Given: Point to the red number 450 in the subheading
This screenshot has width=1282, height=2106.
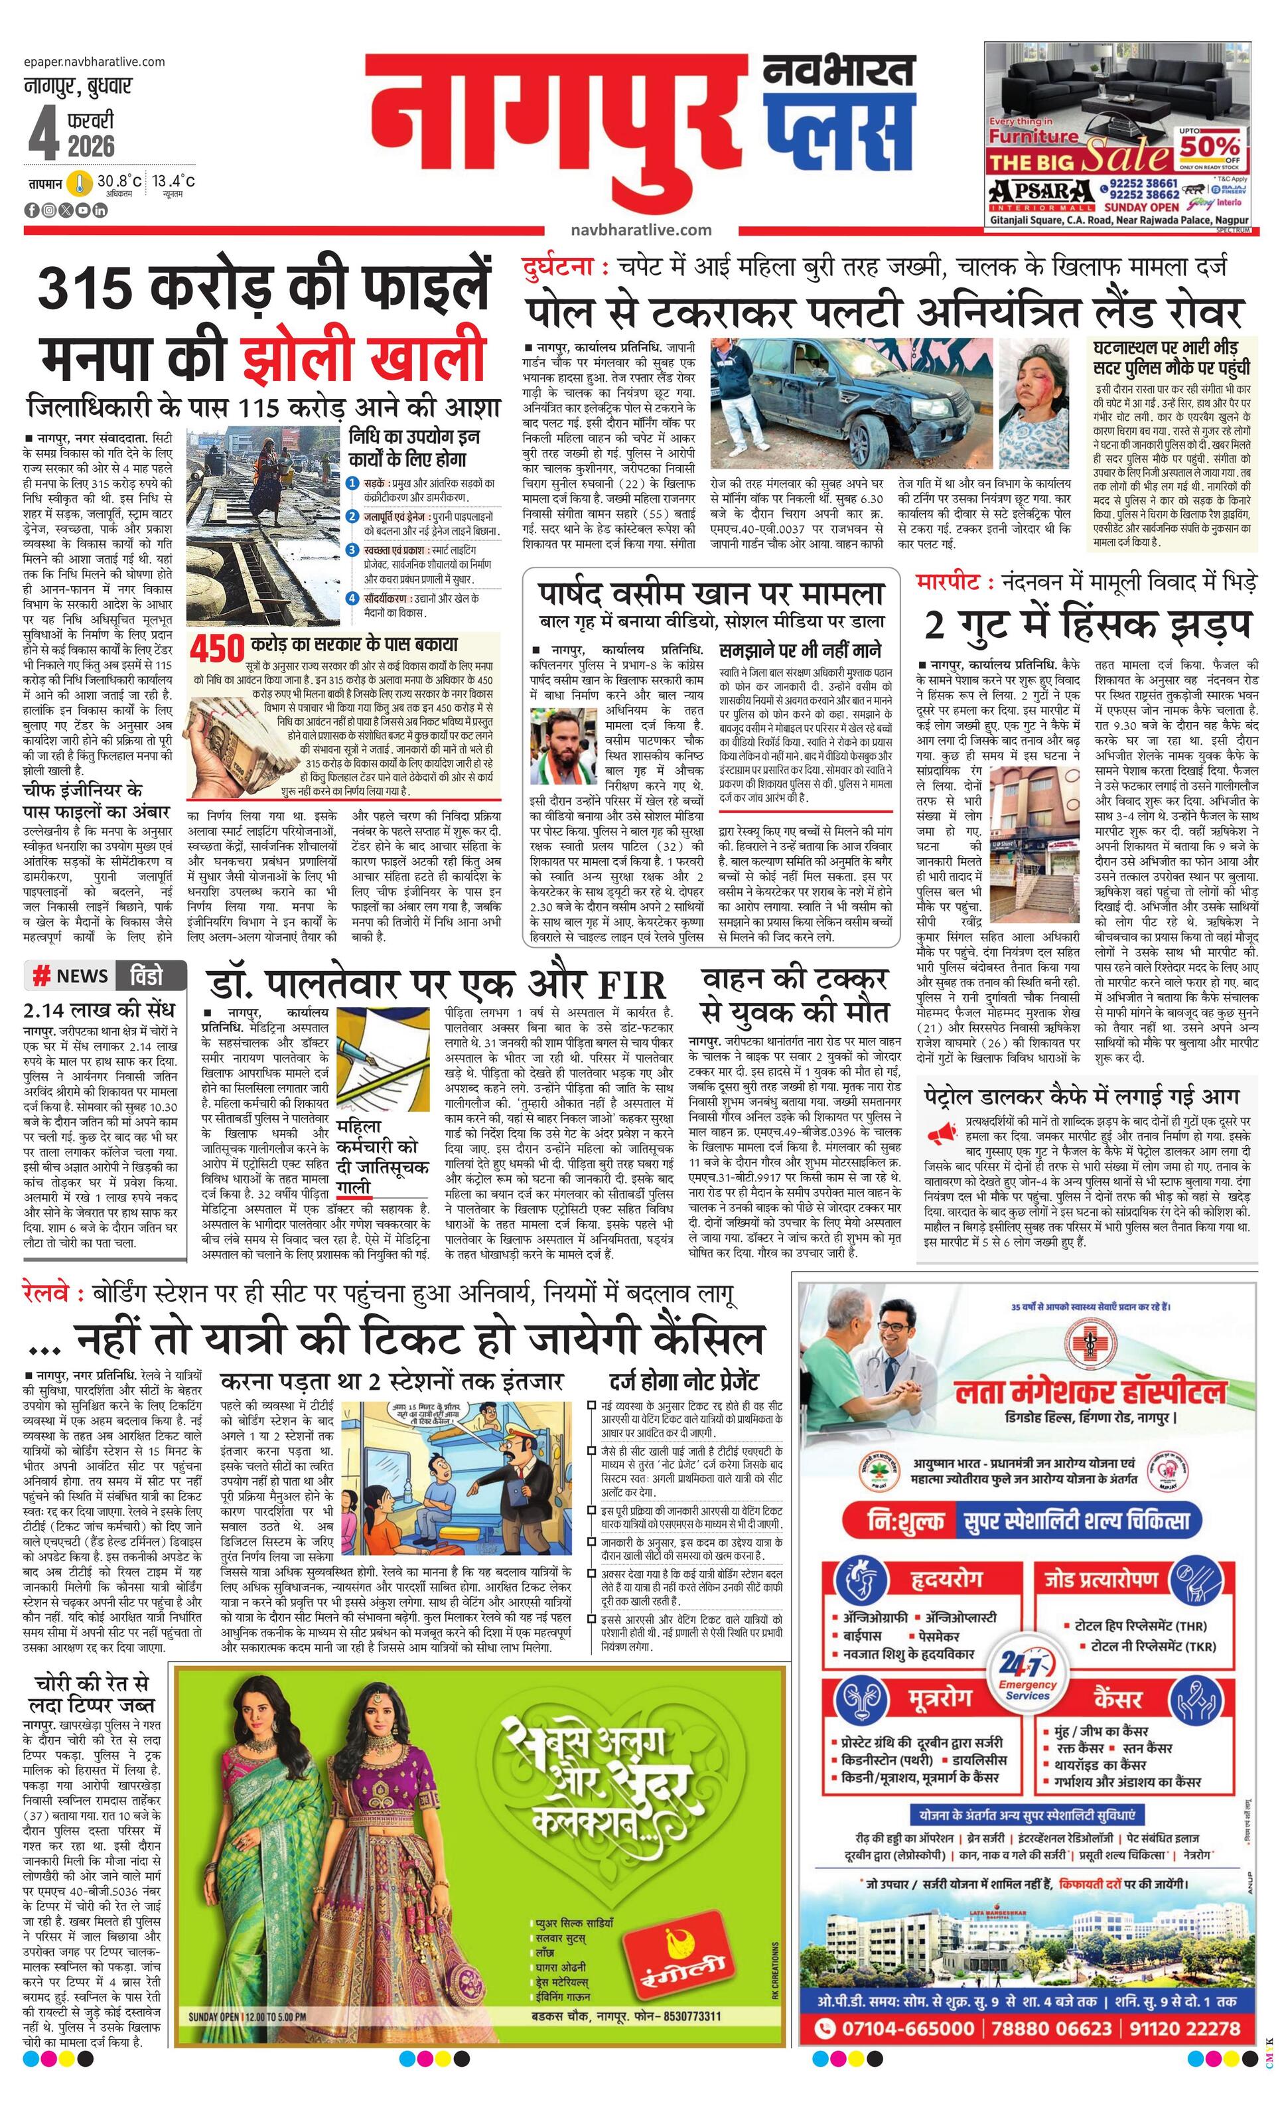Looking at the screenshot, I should tap(218, 650).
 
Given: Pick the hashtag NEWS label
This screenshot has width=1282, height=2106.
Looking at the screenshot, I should tap(72, 976).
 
